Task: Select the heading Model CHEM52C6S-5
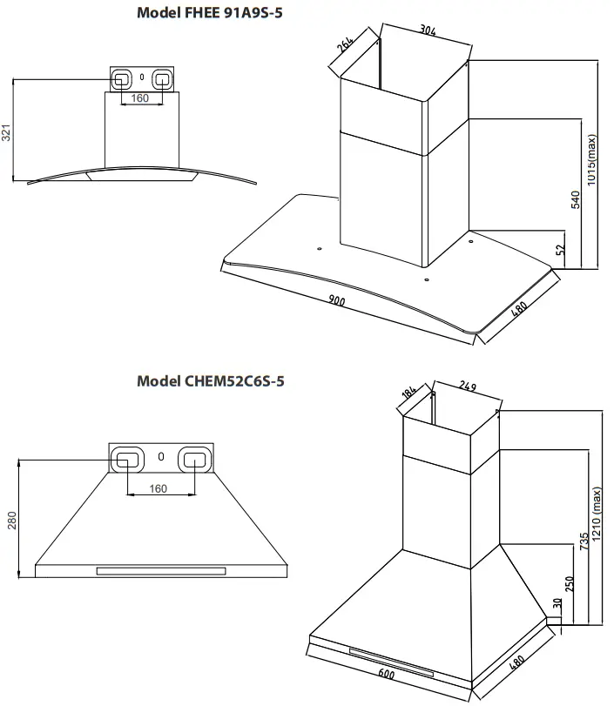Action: tap(211, 380)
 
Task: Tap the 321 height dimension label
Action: tap(6, 132)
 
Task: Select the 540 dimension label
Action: tap(574, 199)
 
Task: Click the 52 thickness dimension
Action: tap(561, 250)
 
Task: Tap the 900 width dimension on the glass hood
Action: tap(337, 301)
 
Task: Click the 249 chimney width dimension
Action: tap(469, 386)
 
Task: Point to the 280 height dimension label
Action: tap(12, 521)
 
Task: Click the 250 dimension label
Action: tap(570, 585)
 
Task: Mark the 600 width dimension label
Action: tap(387, 674)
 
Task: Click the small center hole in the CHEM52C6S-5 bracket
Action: tap(161, 455)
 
